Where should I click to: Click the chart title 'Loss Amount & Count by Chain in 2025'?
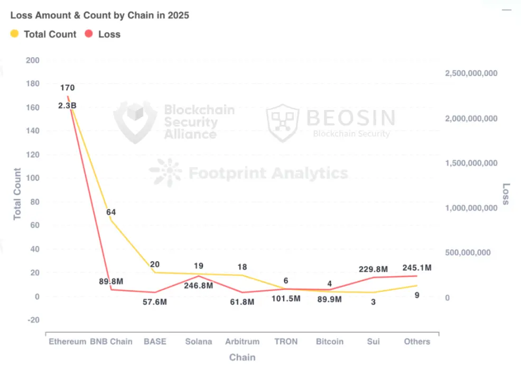[x=100, y=15]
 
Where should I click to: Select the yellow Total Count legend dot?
[x=15, y=34]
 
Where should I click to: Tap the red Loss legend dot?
[x=89, y=34]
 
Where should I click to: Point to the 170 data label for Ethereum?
[x=67, y=88]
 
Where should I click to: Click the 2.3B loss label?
[x=67, y=106]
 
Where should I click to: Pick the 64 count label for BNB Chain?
[x=110, y=212]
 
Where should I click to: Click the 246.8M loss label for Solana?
[x=199, y=286]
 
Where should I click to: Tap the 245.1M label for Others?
[x=417, y=268]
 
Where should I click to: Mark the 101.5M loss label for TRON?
[x=286, y=299]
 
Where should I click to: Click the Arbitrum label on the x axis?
[x=243, y=342]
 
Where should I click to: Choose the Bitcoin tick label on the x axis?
[x=330, y=342]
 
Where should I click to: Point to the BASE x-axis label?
[x=155, y=342]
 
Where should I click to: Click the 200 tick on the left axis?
[x=32, y=60]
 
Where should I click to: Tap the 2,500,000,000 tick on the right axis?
[x=471, y=74]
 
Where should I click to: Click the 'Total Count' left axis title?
[x=17, y=194]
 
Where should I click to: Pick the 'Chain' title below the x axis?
[x=242, y=357]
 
